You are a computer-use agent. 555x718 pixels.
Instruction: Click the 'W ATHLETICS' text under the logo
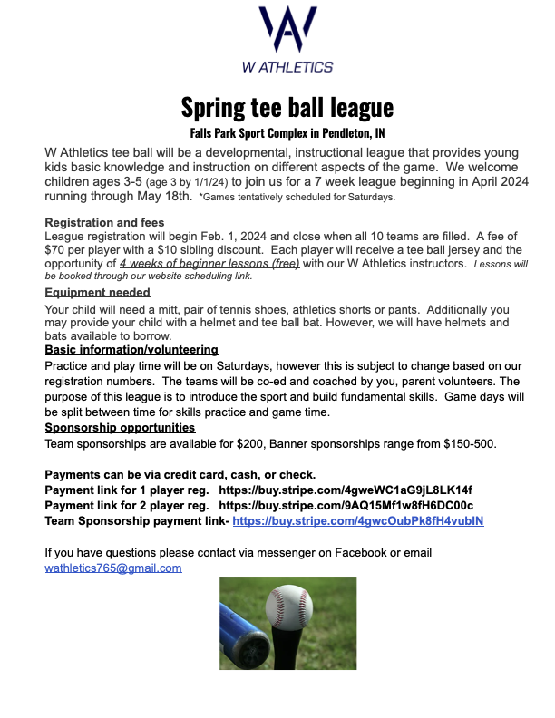287,66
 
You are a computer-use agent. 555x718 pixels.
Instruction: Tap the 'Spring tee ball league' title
287,107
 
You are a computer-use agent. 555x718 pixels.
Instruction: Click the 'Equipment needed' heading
98,293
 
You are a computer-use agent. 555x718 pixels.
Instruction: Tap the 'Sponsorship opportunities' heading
120,428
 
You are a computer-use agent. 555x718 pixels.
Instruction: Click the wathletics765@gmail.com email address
113,568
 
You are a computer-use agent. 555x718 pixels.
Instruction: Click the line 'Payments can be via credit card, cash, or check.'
180,474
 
